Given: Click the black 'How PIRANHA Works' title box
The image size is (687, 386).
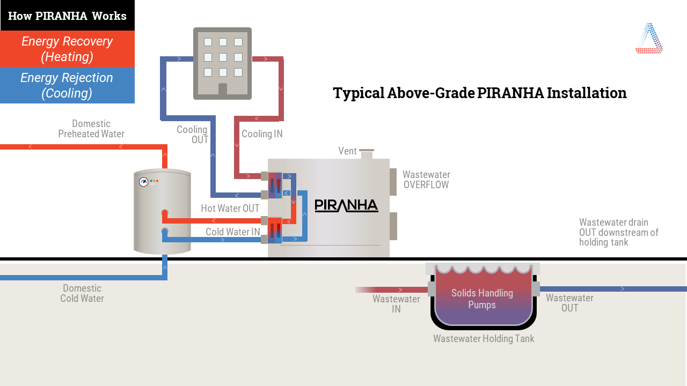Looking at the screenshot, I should (67, 16).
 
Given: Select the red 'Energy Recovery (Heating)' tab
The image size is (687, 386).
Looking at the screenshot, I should (67, 49).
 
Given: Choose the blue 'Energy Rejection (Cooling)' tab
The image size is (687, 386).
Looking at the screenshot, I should (67, 85).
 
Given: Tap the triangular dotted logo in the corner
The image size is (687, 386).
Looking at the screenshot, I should (649, 38).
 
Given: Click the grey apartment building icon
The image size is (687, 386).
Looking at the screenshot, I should (222, 63).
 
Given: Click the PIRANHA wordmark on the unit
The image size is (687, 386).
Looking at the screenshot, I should (346, 205).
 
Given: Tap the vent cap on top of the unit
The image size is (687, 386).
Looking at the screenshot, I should (367, 151).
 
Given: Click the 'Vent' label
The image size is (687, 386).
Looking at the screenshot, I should (347, 151).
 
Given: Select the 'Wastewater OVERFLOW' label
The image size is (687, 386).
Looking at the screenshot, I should (426, 180).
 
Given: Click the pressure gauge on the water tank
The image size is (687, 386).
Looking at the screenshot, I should (143, 182).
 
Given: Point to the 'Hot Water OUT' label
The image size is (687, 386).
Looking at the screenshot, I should (230, 209).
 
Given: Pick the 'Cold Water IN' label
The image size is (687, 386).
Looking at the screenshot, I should (232, 232).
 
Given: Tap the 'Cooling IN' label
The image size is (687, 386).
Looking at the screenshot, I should (262, 134).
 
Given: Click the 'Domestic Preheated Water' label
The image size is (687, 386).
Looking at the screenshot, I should (91, 129).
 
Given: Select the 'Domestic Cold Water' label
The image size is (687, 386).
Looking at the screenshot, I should (82, 293).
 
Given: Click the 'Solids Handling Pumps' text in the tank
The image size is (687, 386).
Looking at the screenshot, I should (482, 299).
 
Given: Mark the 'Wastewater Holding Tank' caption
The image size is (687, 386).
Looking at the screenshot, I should (484, 339).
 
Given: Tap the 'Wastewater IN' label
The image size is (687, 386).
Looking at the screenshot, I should (396, 303).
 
